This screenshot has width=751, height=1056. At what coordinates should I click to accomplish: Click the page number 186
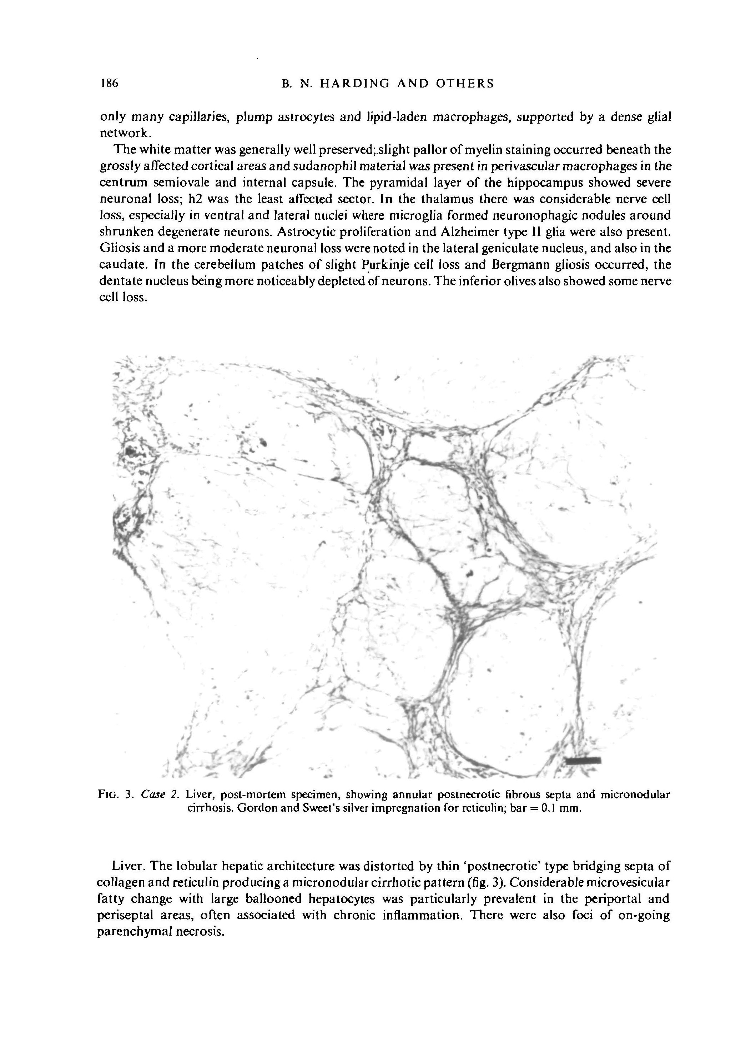110,84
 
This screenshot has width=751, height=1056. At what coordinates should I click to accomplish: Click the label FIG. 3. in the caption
115,795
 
